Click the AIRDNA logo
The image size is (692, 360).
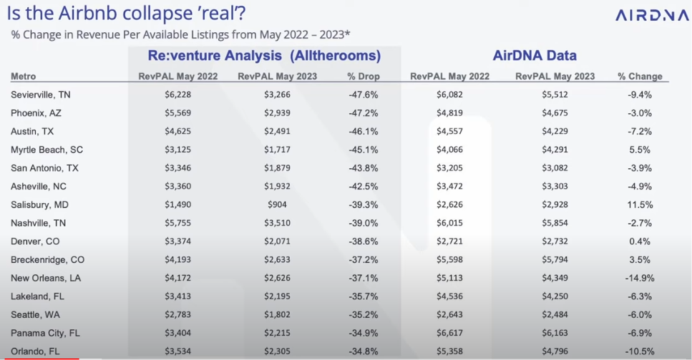click(651, 15)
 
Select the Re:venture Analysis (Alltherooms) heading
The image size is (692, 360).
click(264, 56)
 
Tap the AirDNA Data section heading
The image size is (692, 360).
click(534, 56)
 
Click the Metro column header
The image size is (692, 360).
click(24, 77)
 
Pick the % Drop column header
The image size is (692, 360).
click(363, 77)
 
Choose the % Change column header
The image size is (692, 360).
click(640, 77)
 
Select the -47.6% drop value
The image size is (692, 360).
click(363, 95)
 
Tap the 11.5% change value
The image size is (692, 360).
click(639, 205)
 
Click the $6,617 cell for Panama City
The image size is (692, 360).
click(449, 333)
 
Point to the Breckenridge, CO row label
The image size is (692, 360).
click(47, 260)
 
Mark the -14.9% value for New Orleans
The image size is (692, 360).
click(640, 278)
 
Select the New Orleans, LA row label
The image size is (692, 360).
click(46, 278)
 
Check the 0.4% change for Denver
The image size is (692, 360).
click(640, 241)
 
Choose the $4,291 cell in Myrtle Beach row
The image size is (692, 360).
click(555, 150)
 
